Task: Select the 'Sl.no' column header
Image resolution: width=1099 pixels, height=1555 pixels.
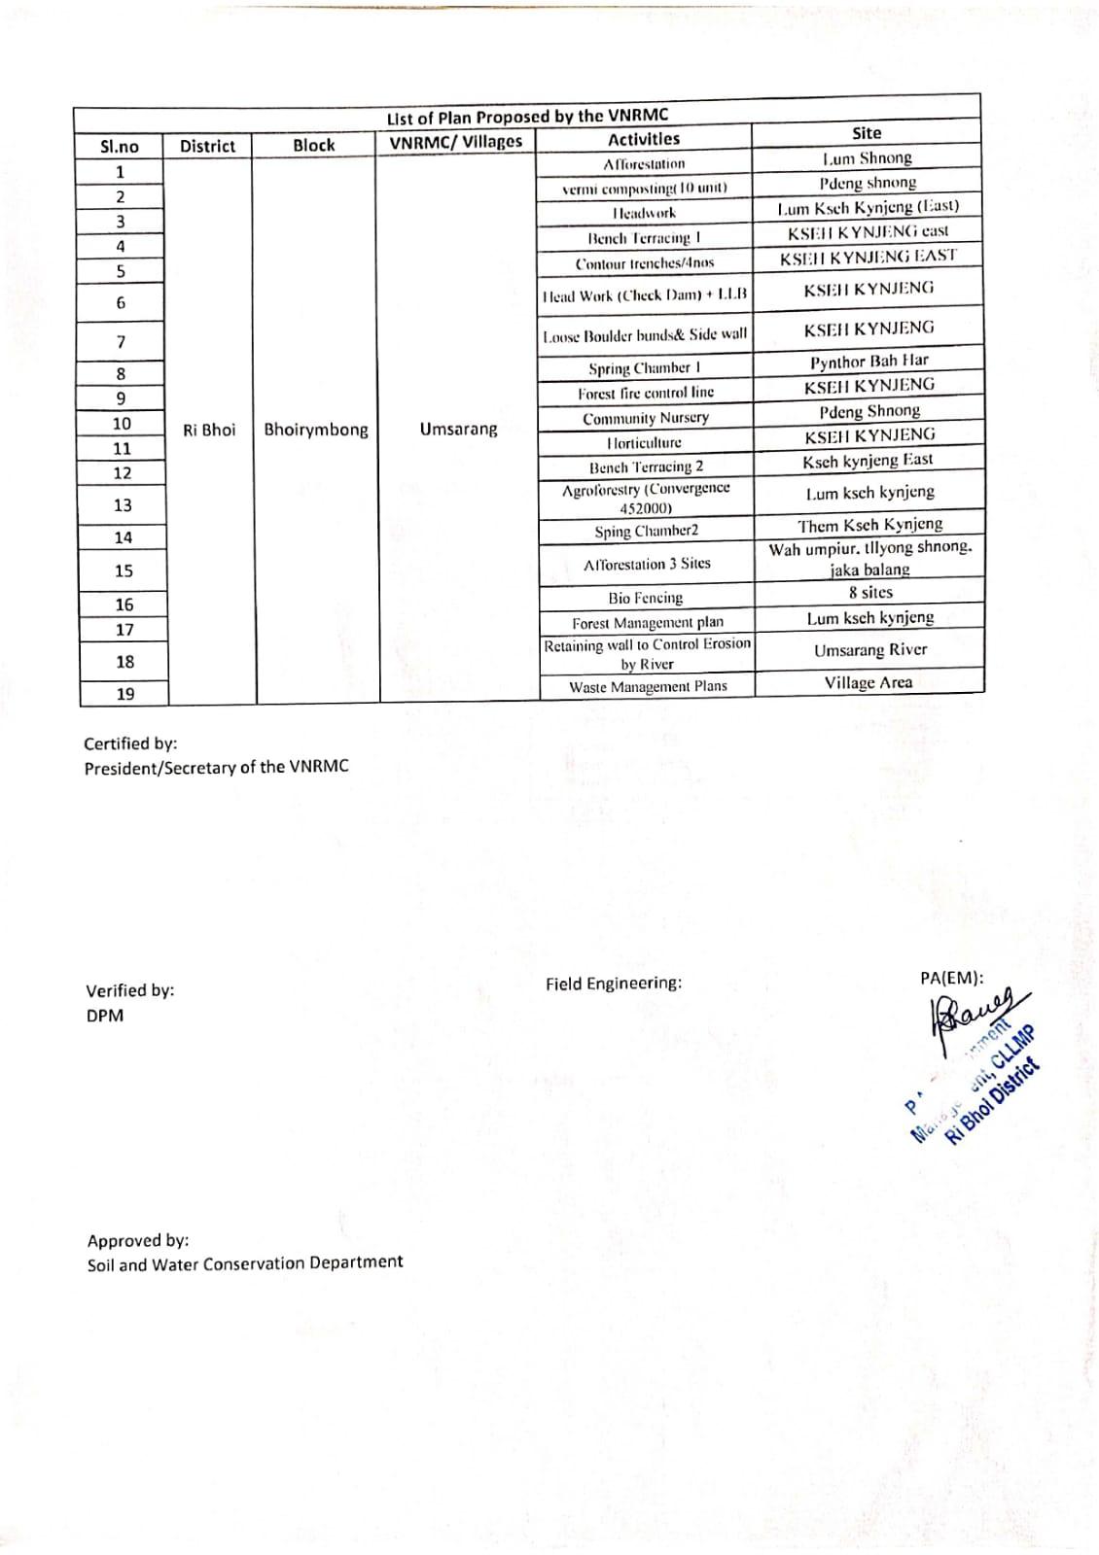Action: coord(120,147)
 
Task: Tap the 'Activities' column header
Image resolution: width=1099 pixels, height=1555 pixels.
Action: coord(644,140)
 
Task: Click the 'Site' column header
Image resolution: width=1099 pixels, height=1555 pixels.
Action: coord(866,133)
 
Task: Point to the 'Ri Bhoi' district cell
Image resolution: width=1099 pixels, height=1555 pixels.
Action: coord(209,430)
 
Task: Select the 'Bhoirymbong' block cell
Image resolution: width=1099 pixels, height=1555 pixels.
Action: coord(316,430)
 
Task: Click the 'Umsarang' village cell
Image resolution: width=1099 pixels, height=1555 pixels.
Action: coord(458,429)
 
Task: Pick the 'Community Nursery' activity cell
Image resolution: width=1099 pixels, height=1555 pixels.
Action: coord(646,418)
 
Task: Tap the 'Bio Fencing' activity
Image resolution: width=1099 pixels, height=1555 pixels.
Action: coord(646,598)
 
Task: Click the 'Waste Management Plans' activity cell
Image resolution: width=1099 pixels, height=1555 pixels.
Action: coord(648,686)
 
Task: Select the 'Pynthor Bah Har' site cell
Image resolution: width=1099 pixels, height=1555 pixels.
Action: coord(869,362)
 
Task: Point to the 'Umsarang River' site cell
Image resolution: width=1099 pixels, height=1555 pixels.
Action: coord(869,650)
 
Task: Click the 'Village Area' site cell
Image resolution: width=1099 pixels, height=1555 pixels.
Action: coord(869,682)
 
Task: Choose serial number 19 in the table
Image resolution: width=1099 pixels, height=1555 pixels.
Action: coord(124,694)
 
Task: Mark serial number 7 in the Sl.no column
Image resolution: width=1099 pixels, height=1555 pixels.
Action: coord(121,342)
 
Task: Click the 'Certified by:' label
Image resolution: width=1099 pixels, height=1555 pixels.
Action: coord(130,743)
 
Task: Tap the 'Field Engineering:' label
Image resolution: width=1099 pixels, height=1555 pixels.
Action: coord(614,984)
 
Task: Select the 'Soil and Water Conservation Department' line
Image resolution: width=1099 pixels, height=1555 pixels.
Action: coord(245,1263)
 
